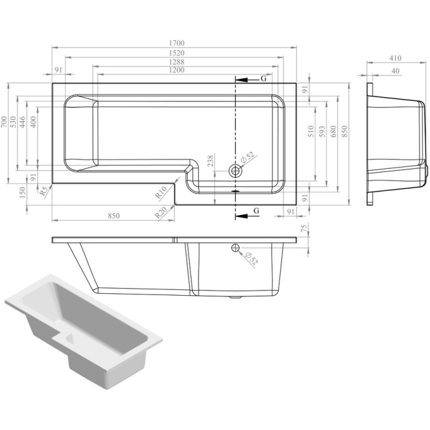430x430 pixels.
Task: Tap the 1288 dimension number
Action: tap(174, 61)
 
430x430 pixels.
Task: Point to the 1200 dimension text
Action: tap(174, 70)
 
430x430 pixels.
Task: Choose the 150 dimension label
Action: tap(22, 192)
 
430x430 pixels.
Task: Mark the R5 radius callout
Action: tap(44, 192)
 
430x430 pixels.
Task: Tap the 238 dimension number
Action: tap(210, 161)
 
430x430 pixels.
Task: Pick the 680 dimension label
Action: tap(333, 132)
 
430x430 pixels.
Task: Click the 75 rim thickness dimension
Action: tap(305, 229)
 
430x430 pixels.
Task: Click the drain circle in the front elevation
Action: tap(234, 248)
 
